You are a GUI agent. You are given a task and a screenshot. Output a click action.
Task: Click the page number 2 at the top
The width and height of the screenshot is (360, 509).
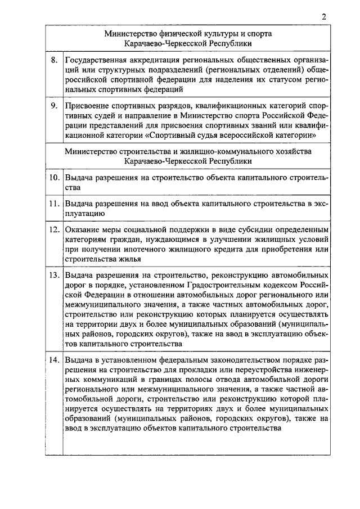click(x=324, y=16)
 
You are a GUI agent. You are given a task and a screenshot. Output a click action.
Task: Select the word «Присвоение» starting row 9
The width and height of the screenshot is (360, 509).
click(x=86, y=105)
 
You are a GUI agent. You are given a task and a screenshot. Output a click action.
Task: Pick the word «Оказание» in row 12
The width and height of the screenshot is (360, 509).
click(x=83, y=230)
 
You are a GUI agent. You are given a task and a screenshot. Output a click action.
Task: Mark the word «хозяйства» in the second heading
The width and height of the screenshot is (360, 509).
click(x=295, y=151)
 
